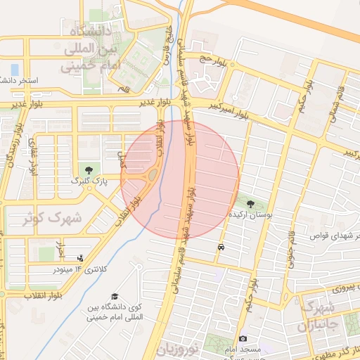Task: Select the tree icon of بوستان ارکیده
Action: pyautogui.click(x=251, y=203)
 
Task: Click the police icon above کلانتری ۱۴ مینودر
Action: pyautogui.click(x=80, y=258)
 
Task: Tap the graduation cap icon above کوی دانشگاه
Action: pyautogui.click(x=115, y=297)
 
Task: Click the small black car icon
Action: pyautogui.click(x=221, y=247)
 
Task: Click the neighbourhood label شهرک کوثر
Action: pyautogui.click(x=53, y=219)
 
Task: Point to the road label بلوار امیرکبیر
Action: pyautogui.click(x=229, y=106)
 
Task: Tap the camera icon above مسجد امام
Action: pyautogui.click(x=243, y=339)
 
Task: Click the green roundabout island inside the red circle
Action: pyautogui.click(x=153, y=174)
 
